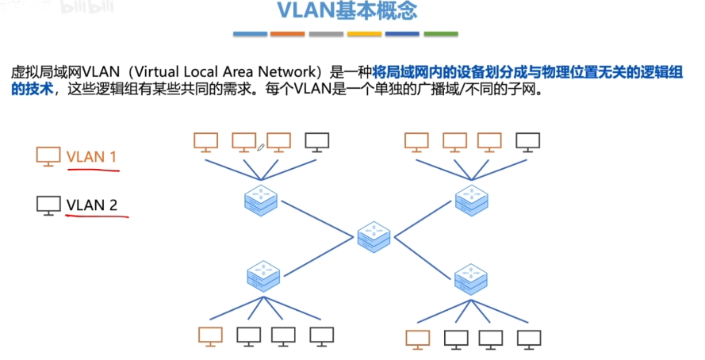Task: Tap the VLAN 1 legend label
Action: click(92, 157)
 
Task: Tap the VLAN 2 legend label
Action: click(92, 205)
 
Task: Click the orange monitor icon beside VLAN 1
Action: click(48, 156)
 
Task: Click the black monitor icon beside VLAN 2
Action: click(48, 205)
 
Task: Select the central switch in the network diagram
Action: click(374, 236)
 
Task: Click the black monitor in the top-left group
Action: click(317, 143)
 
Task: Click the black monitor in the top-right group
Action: click(528, 143)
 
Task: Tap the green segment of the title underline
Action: click(441, 34)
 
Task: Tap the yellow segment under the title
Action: click(364, 34)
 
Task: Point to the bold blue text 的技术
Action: click(33, 89)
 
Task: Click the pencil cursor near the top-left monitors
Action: click(260, 147)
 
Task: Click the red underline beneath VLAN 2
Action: click(97, 215)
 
